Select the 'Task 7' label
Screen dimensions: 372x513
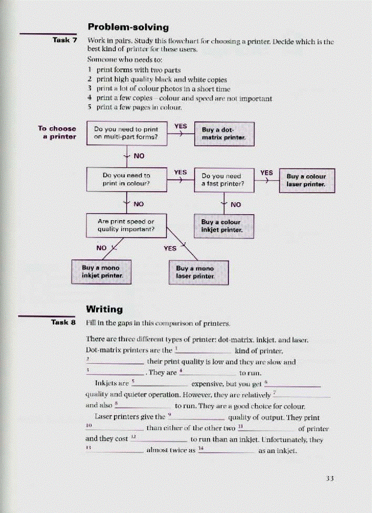point(65,40)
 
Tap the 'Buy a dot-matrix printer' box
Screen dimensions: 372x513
point(224,133)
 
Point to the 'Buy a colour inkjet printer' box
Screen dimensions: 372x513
point(224,226)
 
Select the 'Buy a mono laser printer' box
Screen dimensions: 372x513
point(199,272)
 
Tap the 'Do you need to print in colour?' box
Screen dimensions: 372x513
point(126,180)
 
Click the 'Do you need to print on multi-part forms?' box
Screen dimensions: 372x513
point(126,133)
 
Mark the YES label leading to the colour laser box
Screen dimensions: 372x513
point(266,173)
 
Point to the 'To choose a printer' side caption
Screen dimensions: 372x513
point(57,132)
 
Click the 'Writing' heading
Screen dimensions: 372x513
point(104,309)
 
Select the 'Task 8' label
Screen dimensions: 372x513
point(64,323)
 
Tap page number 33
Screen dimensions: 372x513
point(331,478)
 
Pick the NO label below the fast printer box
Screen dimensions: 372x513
point(236,205)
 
